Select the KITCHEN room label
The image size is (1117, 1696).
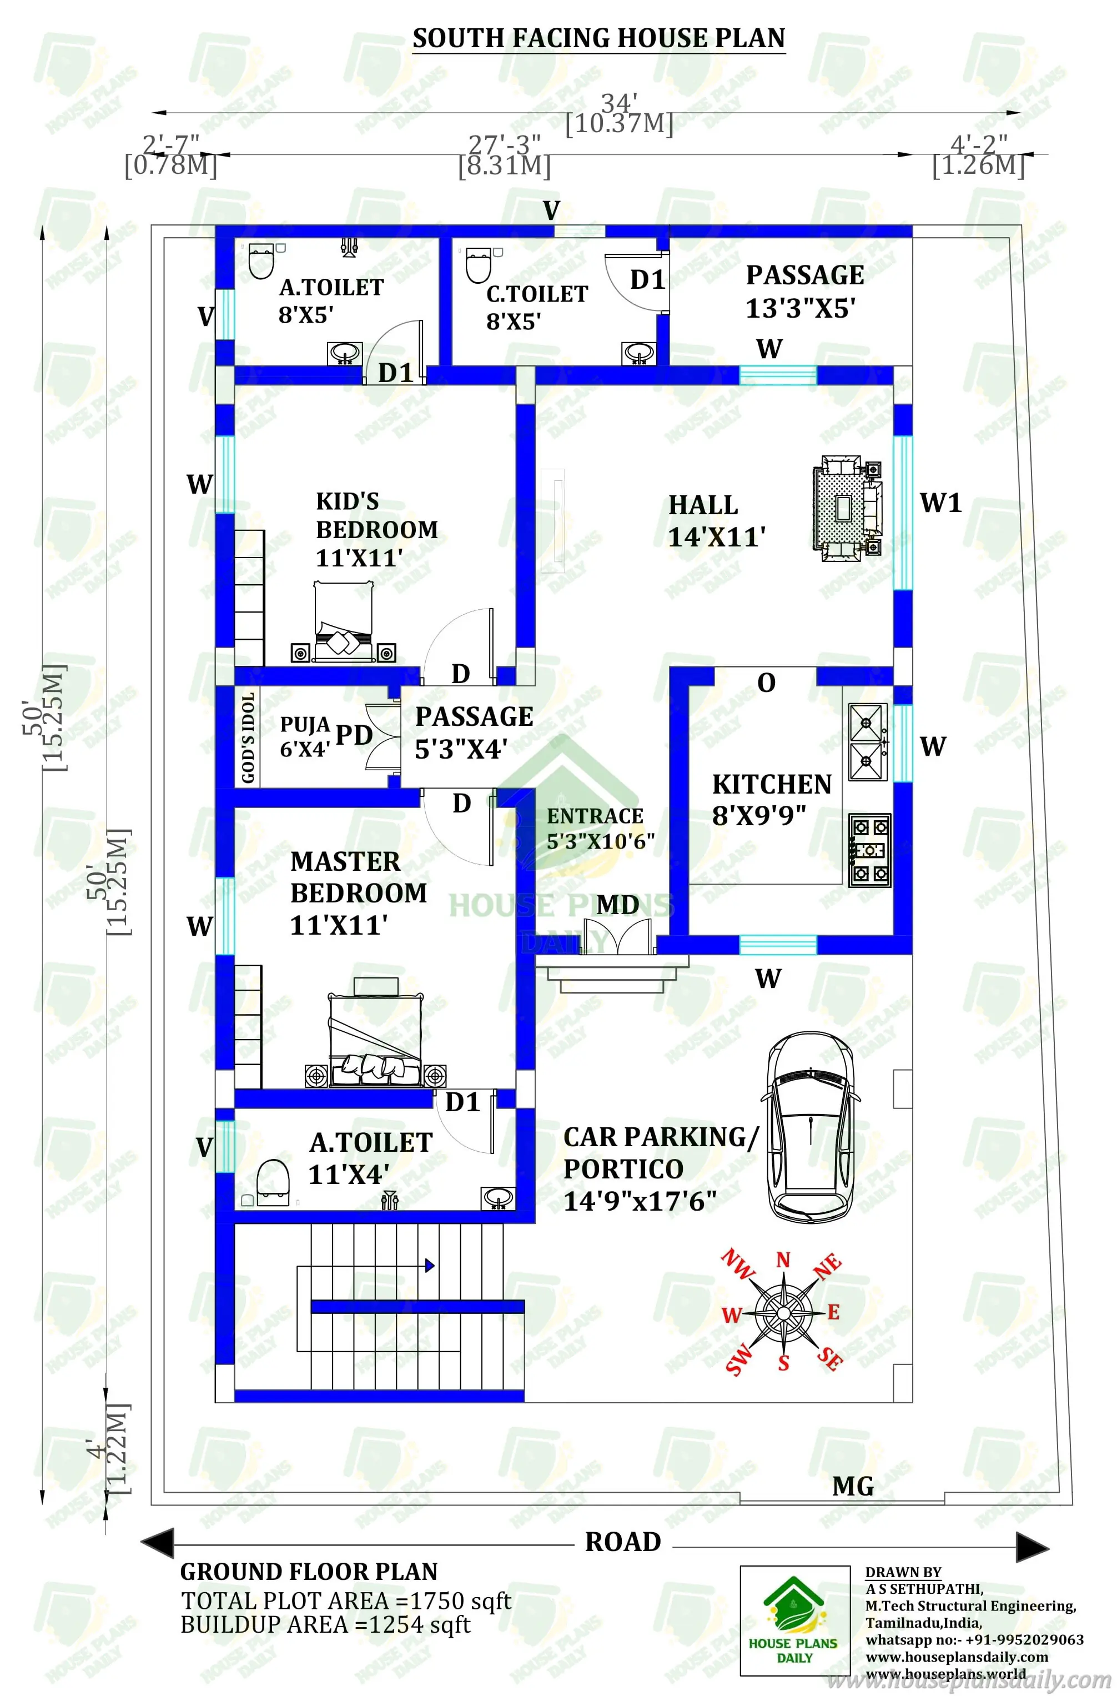coord(772,785)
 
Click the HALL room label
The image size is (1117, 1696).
coord(703,505)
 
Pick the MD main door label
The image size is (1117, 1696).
coord(618,905)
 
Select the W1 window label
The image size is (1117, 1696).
coord(941,503)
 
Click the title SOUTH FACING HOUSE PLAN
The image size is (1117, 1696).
coord(598,38)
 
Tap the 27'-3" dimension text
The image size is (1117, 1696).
coord(504,144)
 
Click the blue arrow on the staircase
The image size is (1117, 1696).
coord(430,1266)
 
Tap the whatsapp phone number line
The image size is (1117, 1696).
coord(974,1640)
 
